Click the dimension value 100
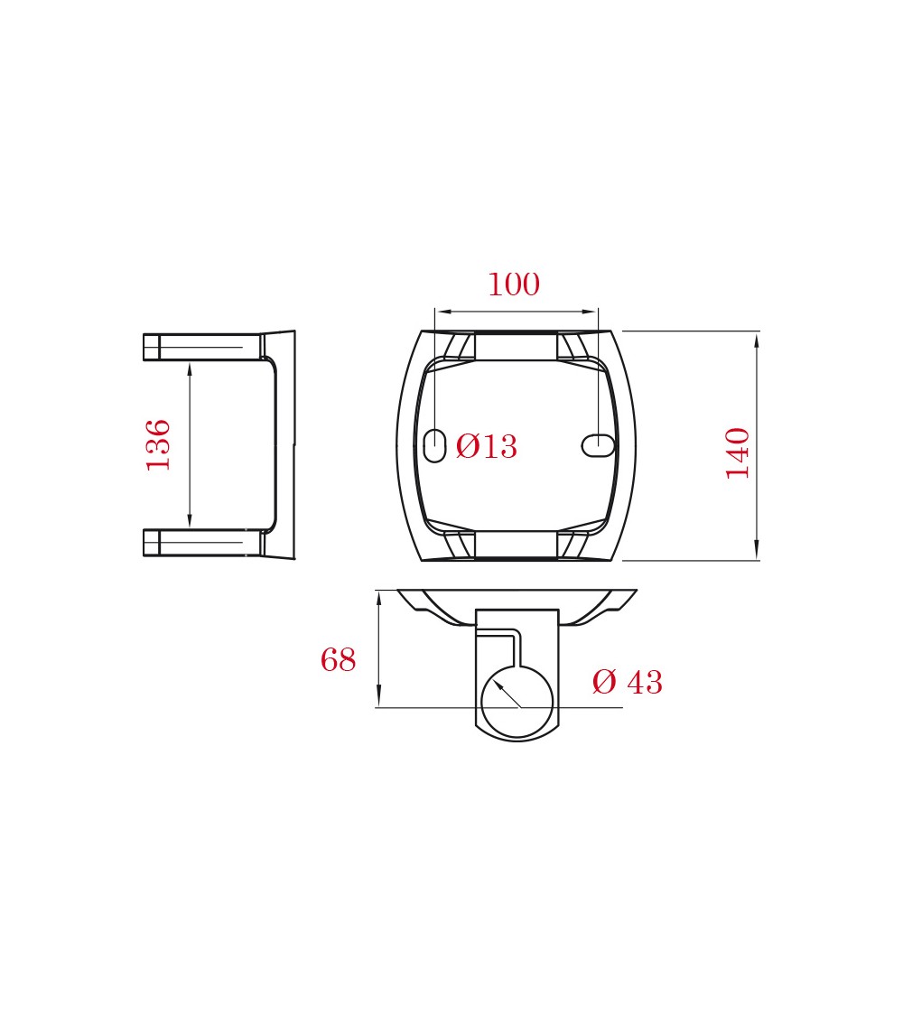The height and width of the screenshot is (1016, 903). tap(514, 284)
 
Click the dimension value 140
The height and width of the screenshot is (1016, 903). tap(738, 453)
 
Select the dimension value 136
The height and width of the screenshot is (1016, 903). tap(158, 445)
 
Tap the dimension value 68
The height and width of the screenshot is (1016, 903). tap(338, 659)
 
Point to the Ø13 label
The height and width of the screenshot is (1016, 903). tap(487, 446)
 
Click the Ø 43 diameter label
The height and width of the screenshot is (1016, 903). tap(627, 682)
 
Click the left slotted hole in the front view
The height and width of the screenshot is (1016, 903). tap(434, 445)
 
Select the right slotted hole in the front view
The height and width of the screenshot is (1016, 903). tap(598, 445)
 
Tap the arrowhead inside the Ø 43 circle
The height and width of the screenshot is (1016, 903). tap(499, 685)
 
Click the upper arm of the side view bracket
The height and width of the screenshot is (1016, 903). tap(203, 347)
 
